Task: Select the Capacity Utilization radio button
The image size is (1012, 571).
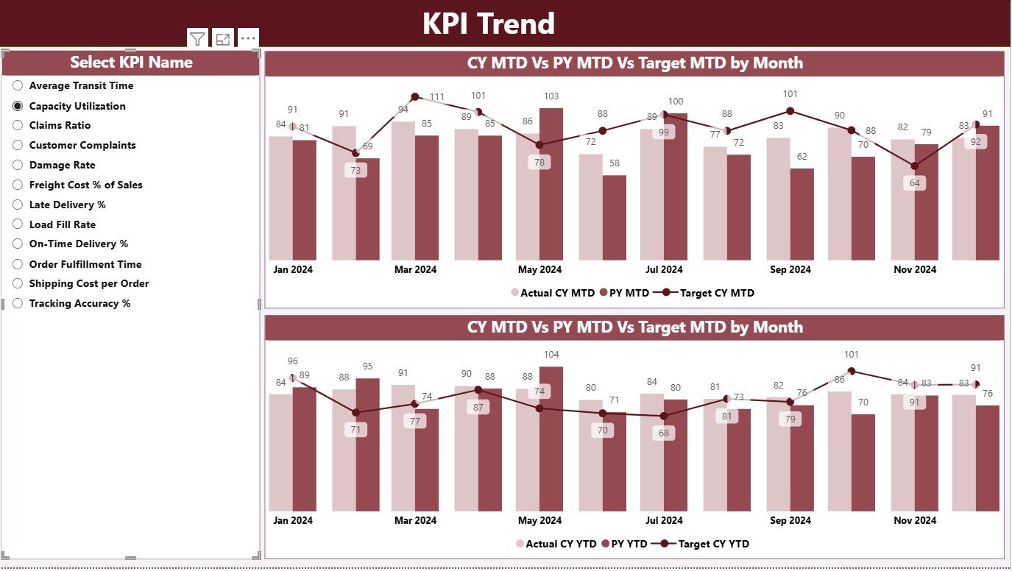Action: coord(18,106)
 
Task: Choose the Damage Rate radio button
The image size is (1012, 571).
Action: coord(18,166)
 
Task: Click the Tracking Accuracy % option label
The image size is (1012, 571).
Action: coord(79,303)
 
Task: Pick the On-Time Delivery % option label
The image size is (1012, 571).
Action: coord(78,244)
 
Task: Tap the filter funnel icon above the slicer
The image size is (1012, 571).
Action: coord(197,39)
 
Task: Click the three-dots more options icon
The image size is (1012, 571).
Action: coord(248,39)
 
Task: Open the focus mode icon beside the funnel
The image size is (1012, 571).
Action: coord(222,39)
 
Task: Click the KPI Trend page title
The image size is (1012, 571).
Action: coord(488,24)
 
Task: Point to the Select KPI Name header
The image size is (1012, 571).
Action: coord(131,63)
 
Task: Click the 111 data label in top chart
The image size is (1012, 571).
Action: coord(437,97)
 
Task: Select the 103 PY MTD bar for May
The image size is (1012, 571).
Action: coord(551,184)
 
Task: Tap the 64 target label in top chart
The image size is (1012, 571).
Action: coord(915,183)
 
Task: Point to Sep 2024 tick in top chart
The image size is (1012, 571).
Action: coord(790,270)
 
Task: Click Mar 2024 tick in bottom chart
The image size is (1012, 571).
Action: coord(415,520)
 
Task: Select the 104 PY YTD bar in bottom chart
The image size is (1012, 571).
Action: coord(551,439)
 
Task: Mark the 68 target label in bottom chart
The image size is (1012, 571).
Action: coord(664,433)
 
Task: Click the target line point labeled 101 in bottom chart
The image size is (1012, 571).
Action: coord(852,372)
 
